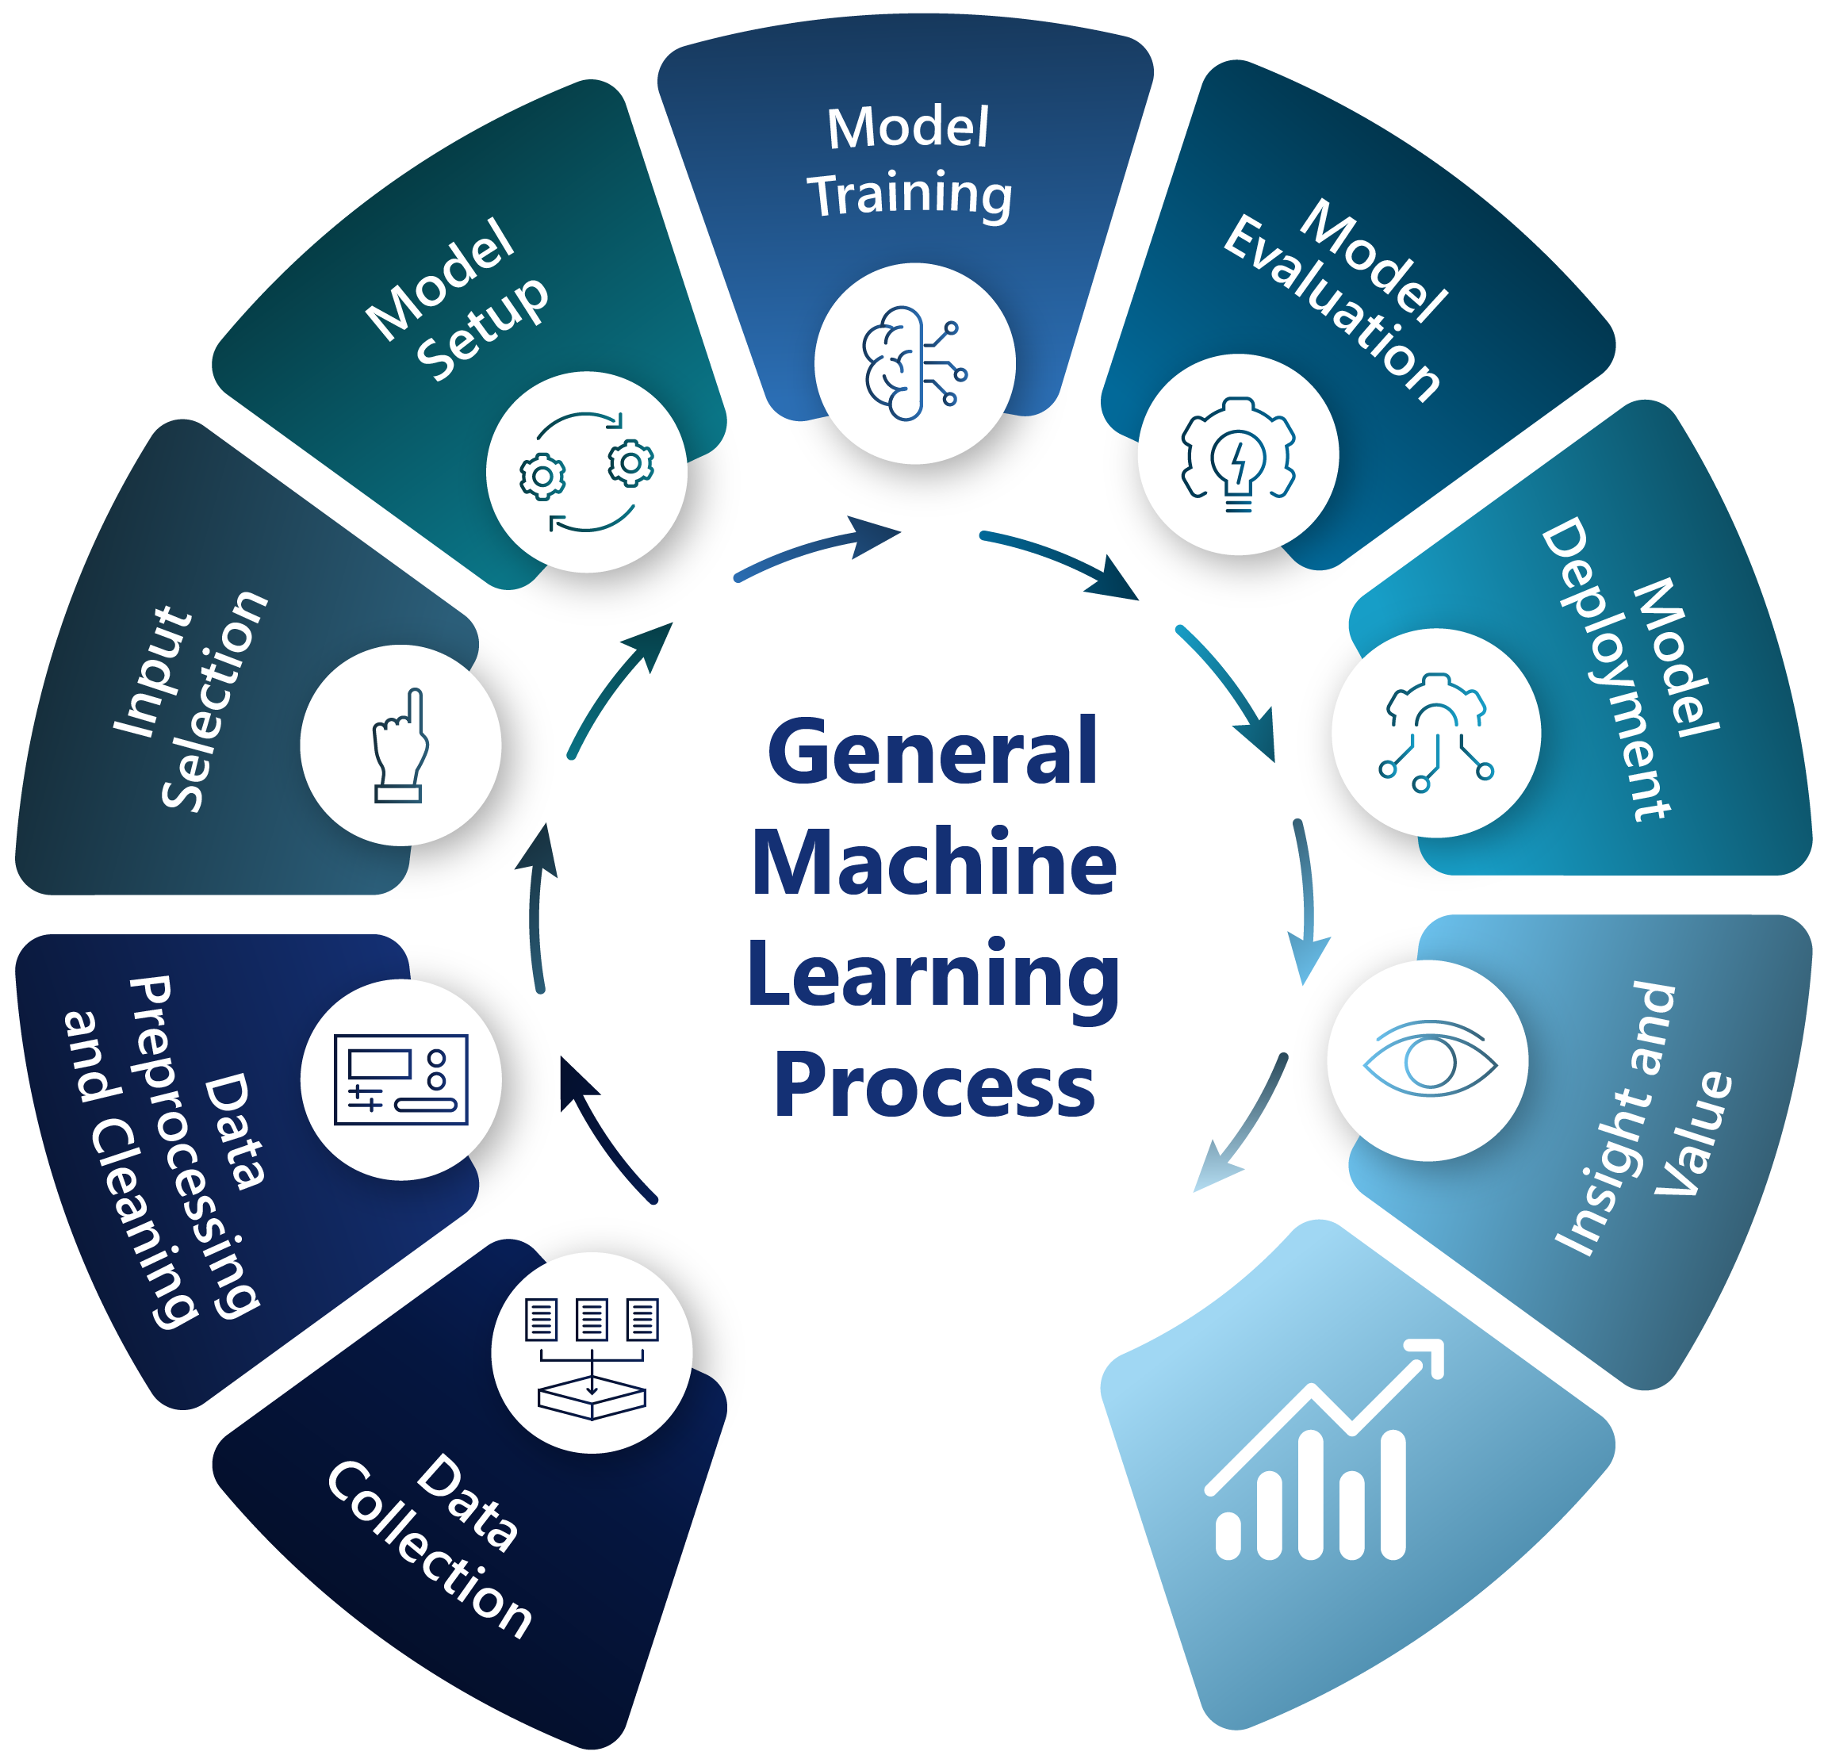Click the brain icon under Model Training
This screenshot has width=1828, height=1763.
(913, 363)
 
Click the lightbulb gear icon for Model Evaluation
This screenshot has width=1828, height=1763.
(1238, 454)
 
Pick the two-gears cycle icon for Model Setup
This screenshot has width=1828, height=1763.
(587, 472)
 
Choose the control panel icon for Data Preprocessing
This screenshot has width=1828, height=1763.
(401, 1079)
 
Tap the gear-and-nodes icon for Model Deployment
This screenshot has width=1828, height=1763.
(1435, 733)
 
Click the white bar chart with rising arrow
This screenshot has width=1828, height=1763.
(1324, 1455)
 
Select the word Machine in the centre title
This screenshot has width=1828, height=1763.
(933, 863)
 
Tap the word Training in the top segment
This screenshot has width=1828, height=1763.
(910, 196)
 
